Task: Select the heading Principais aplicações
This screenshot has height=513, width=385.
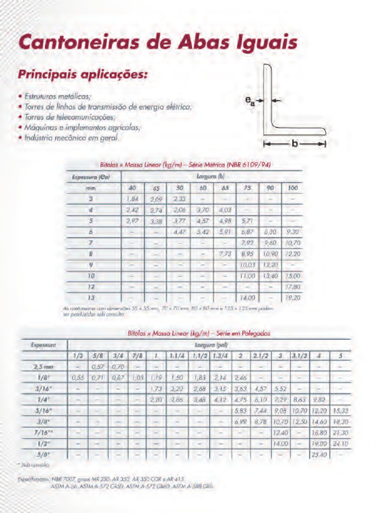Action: click(x=83, y=75)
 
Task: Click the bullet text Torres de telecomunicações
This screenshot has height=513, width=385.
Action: click(x=70, y=117)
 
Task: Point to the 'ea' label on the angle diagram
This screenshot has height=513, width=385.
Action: click(x=249, y=101)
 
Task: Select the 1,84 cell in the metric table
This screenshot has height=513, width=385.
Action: click(x=132, y=199)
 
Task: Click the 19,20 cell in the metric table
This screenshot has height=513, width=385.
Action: click(x=293, y=298)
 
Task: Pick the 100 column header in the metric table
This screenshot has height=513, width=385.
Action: click(x=293, y=188)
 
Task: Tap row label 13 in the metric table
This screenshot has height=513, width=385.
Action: click(x=91, y=298)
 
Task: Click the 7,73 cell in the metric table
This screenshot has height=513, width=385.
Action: click(x=225, y=254)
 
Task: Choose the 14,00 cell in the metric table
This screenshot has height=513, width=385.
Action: click(x=247, y=298)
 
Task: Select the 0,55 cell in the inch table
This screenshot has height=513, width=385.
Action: click(x=78, y=378)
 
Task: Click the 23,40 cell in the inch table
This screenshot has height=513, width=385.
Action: click(x=319, y=455)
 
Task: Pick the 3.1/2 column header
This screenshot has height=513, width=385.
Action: click(x=300, y=356)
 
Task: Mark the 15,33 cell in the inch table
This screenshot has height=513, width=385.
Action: click(x=340, y=411)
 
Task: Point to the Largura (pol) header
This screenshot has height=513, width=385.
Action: click(x=208, y=345)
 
